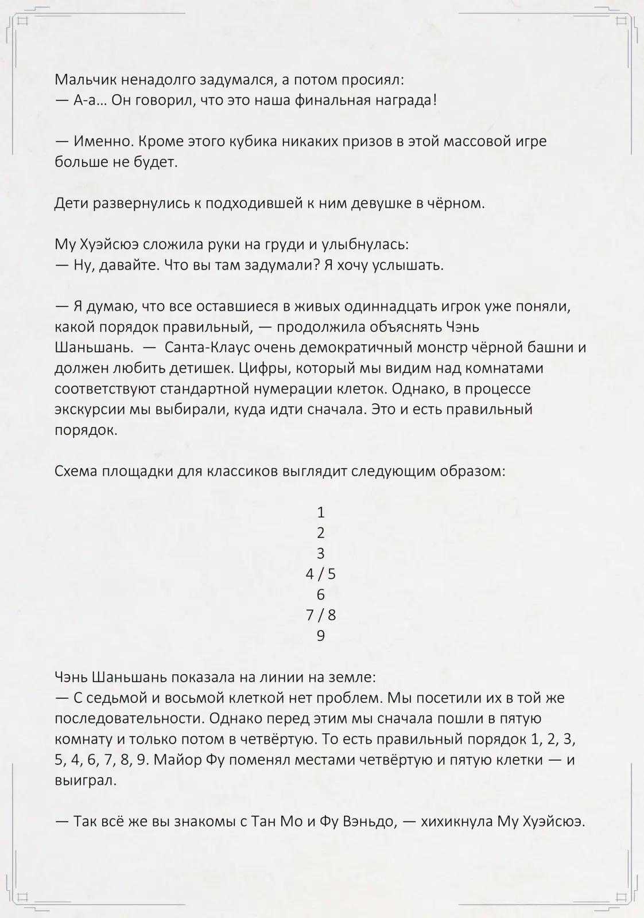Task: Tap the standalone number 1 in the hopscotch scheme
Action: click(321, 512)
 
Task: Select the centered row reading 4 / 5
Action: click(321, 574)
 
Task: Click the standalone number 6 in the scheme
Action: click(321, 594)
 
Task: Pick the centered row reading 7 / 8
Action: click(321, 615)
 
